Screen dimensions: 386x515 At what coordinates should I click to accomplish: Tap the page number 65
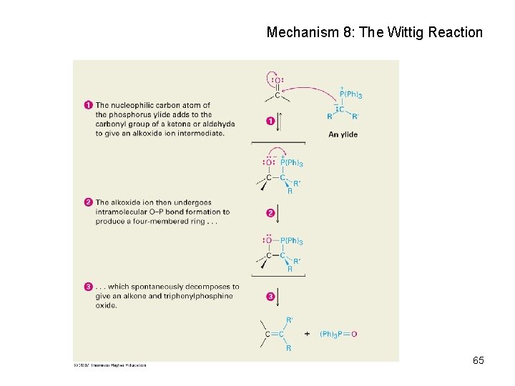click(479, 360)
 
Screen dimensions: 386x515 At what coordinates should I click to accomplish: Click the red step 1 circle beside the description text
click(89, 105)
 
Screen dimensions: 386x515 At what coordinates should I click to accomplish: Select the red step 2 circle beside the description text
click(89, 202)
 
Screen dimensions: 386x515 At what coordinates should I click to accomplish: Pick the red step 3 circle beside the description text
click(89, 287)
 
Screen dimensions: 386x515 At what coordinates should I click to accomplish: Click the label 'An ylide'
click(343, 134)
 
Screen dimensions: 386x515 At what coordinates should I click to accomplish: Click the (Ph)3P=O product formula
click(338, 334)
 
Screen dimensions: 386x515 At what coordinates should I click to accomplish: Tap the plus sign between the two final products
click(307, 334)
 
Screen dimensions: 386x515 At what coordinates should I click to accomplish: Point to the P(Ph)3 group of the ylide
click(350, 95)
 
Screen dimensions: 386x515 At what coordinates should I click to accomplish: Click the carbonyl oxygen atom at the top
click(277, 80)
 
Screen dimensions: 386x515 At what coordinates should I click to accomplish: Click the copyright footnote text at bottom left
click(110, 365)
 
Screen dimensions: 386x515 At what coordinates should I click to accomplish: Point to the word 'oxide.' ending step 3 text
click(106, 305)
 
